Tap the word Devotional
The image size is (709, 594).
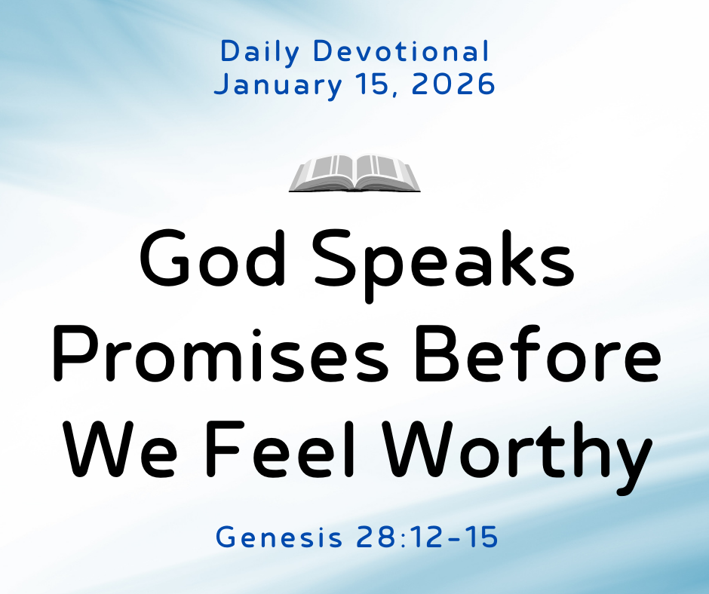(401, 52)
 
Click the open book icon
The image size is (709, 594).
(354, 173)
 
